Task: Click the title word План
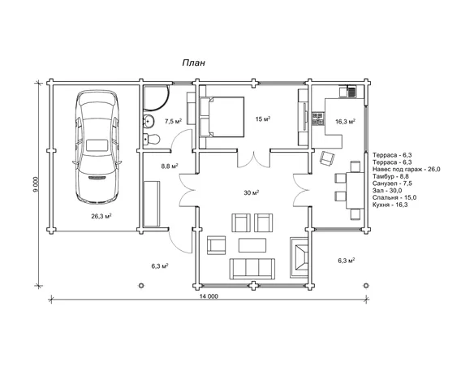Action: point(193,63)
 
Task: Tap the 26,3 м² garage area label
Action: point(101,216)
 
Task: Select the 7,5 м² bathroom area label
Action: point(173,122)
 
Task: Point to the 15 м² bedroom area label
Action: point(263,119)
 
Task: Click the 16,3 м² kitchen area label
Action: point(345,122)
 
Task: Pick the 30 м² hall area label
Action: point(252,192)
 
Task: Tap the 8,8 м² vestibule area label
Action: point(170,166)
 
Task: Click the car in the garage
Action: point(97,147)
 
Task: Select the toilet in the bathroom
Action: point(151,139)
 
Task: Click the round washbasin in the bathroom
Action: point(149,121)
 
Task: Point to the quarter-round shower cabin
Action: point(155,97)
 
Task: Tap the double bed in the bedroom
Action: point(222,117)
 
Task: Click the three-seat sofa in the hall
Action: point(252,269)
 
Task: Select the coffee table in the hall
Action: point(252,245)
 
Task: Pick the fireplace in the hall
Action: point(299,257)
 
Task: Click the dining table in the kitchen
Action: point(355,189)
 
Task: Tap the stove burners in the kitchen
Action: point(317,119)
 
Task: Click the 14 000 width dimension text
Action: point(209,296)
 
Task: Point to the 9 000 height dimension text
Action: point(36,184)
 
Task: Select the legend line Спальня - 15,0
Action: point(394,197)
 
